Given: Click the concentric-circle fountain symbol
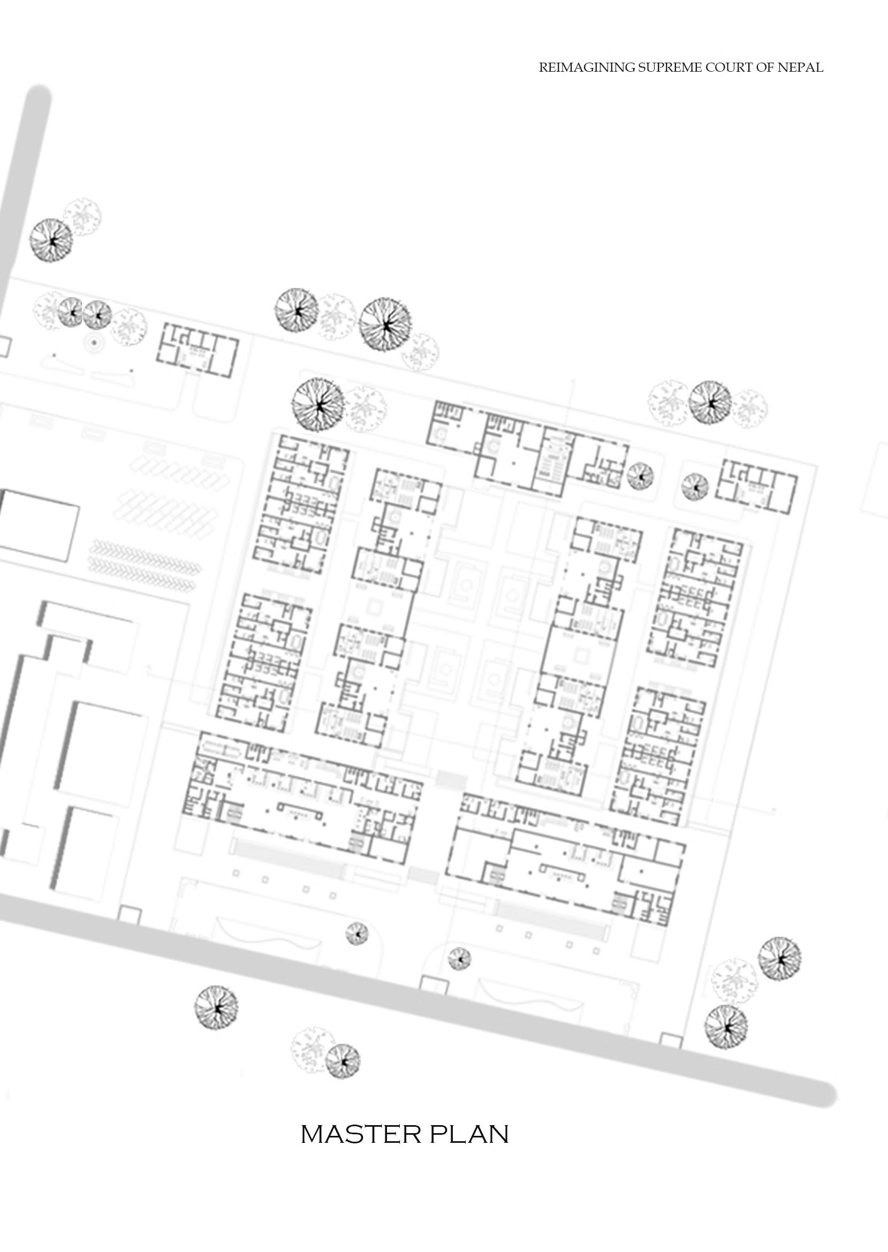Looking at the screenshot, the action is pos(94,343).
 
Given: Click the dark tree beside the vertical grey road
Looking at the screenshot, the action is pos(50,240).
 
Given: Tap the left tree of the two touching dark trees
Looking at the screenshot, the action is pos(71,312).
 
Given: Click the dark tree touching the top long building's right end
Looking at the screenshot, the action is pos(640,476).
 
